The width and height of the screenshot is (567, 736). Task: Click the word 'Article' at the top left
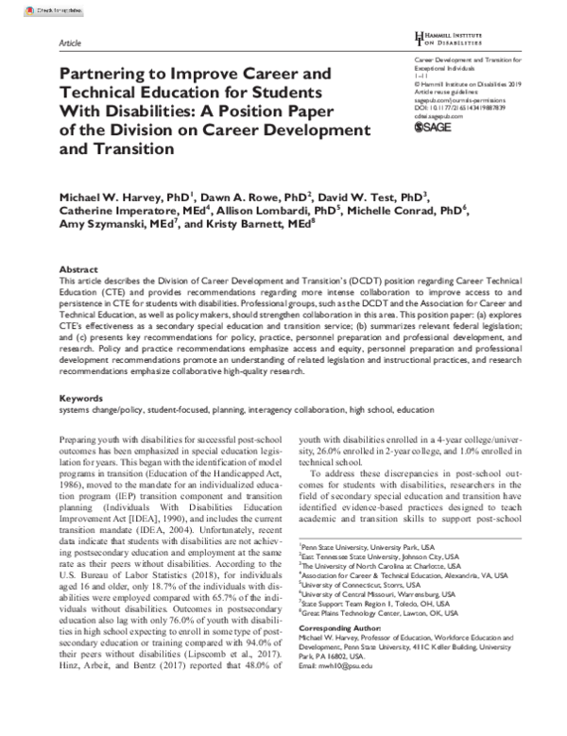69,43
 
